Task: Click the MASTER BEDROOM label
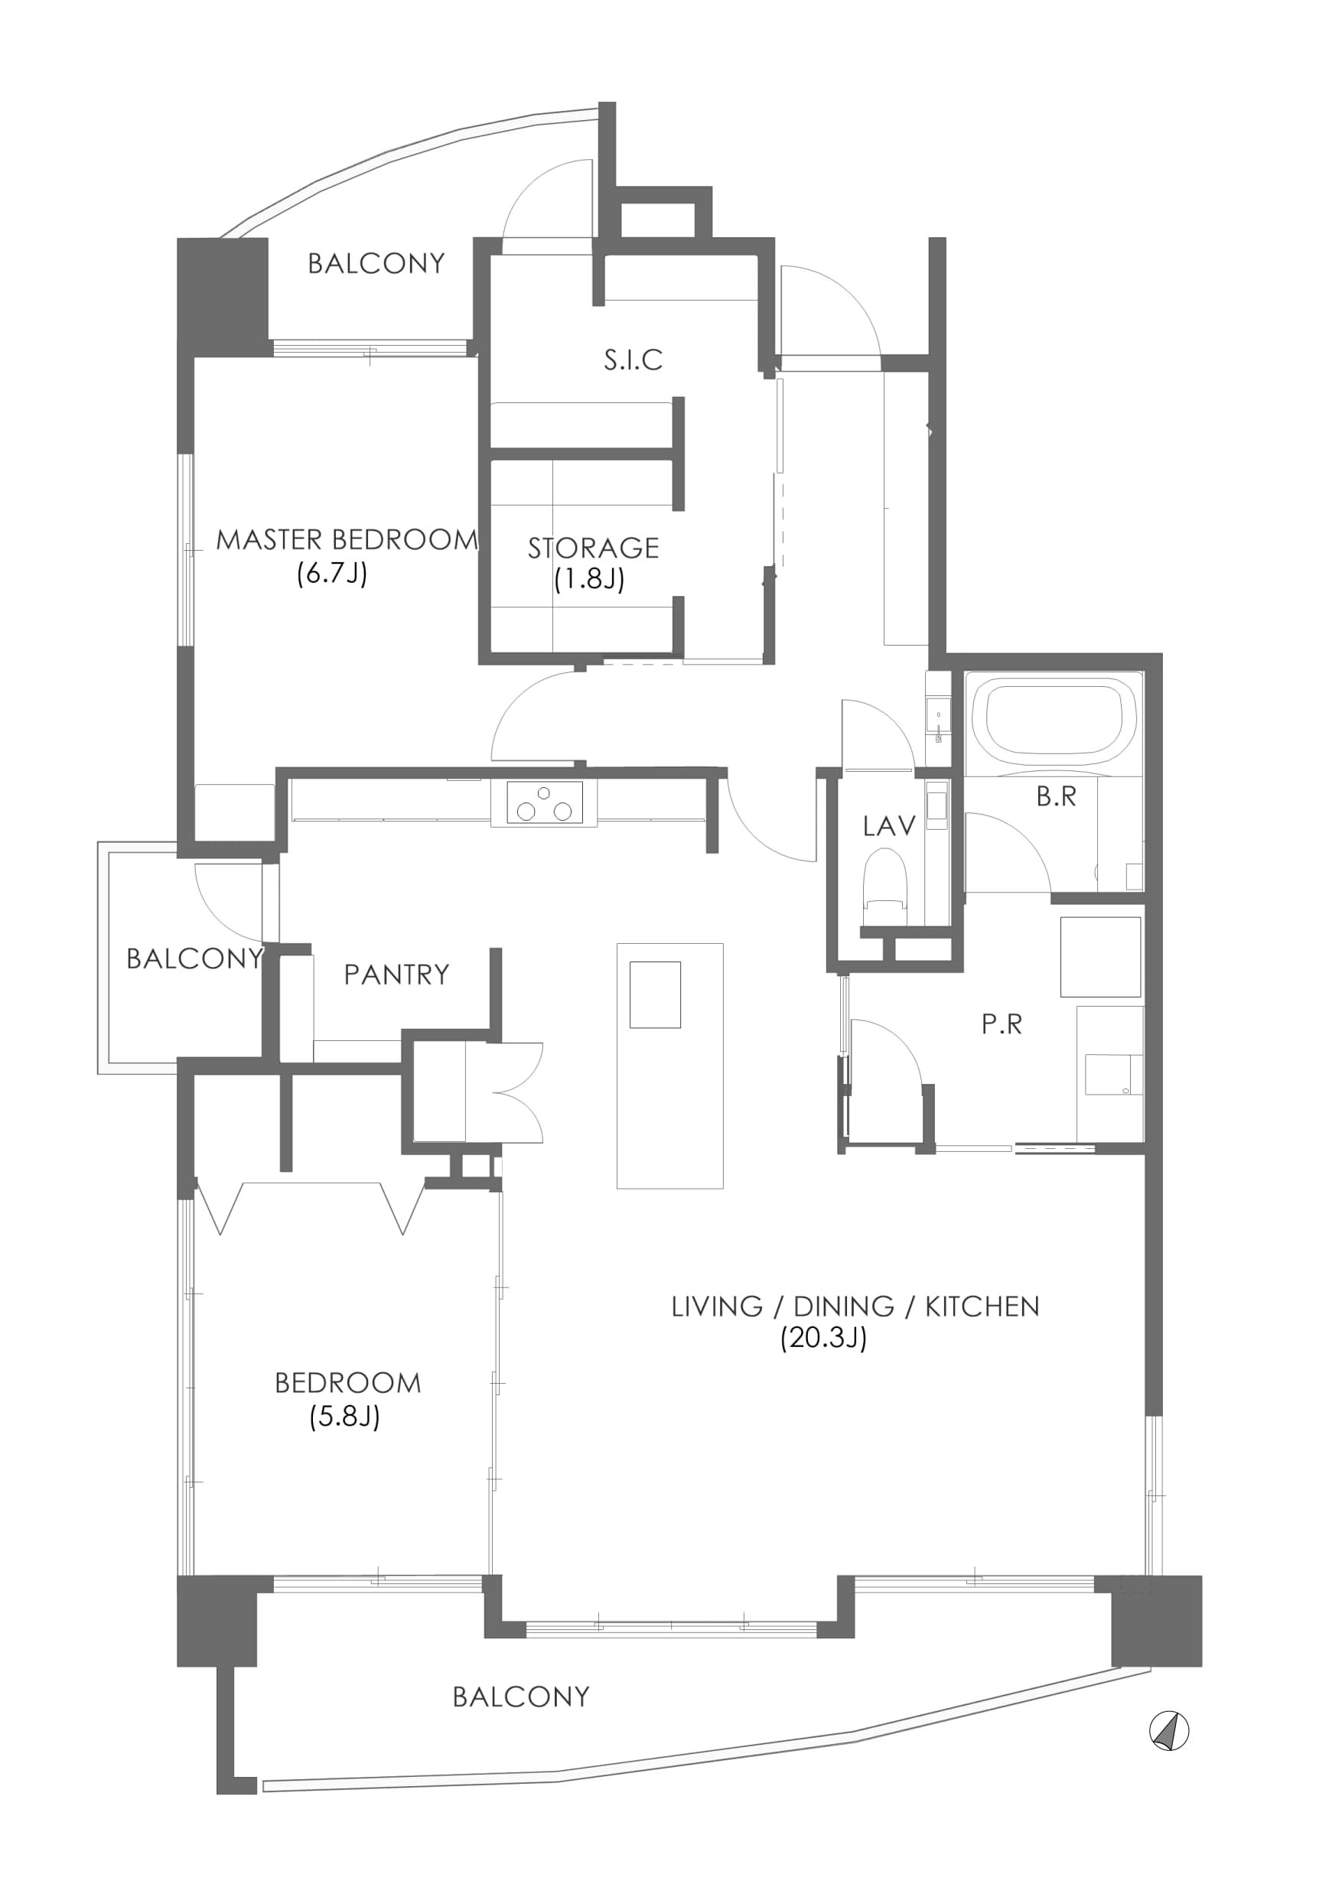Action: (x=347, y=540)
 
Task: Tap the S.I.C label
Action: (x=633, y=360)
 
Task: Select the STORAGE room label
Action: (x=593, y=548)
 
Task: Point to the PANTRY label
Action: (x=396, y=975)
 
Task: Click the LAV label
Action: (x=889, y=825)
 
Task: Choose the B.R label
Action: (x=1056, y=796)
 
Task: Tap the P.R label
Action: (x=1002, y=1024)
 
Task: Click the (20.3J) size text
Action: (x=823, y=1338)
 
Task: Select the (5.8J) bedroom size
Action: (x=344, y=1417)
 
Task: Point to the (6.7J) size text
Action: (x=331, y=574)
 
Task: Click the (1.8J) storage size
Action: (x=589, y=579)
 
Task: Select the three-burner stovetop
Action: (x=544, y=803)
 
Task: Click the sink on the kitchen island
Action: (x=655, y=994)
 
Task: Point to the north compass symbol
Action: (x=1169, y=1730)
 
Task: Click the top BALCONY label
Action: (x=377, y=264)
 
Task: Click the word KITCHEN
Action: (x=982, y=1306)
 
